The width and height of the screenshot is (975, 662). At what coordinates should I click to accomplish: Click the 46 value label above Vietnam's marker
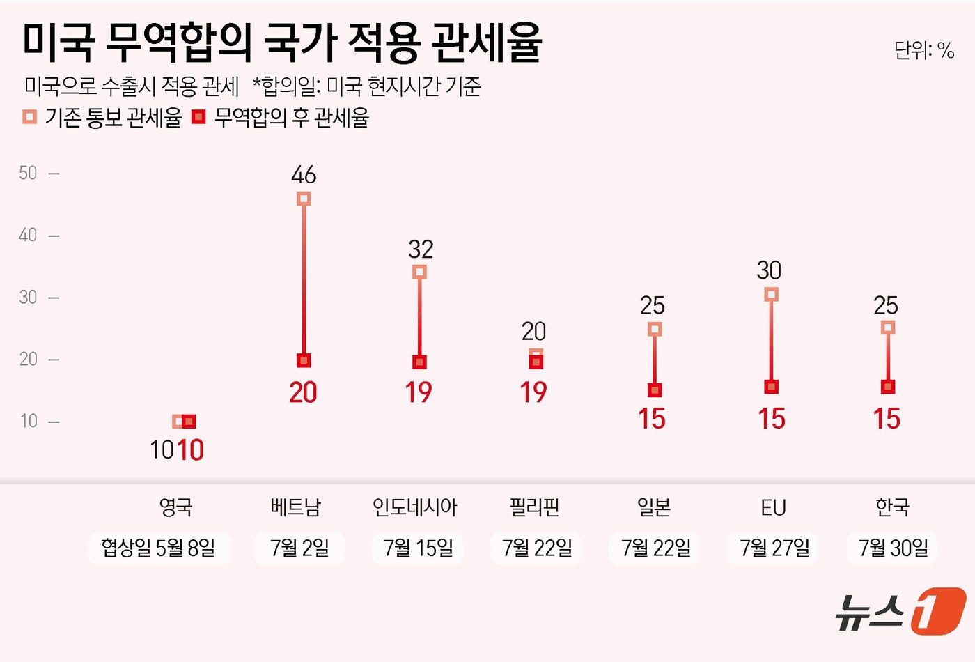(304, 175)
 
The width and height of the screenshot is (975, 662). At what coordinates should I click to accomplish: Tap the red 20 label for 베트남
(303, 393)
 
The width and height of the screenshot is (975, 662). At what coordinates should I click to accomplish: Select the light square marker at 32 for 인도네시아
(419, 272)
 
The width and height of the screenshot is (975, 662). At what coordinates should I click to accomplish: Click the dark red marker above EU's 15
(771, 387)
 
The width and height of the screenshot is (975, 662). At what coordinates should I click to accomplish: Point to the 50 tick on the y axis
(29, 173)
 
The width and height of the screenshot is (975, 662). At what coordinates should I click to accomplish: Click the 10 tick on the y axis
(29, 421)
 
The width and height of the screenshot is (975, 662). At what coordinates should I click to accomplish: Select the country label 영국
(175, 507)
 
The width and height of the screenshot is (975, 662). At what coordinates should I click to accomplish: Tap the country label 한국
(892, 507)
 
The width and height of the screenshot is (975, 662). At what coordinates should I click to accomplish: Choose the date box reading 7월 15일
(418, 548)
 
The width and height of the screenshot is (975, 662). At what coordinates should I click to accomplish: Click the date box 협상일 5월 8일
(159, 548)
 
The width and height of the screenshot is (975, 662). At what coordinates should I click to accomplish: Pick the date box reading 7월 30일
(893, 548)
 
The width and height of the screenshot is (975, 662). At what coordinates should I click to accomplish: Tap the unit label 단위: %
(923, 50)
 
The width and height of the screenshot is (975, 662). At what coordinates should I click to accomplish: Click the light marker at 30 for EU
(771, 295)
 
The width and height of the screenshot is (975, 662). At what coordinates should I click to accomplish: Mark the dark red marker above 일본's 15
(655, 390)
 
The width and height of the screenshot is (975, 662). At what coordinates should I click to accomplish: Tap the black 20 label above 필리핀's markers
(534, 332)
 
